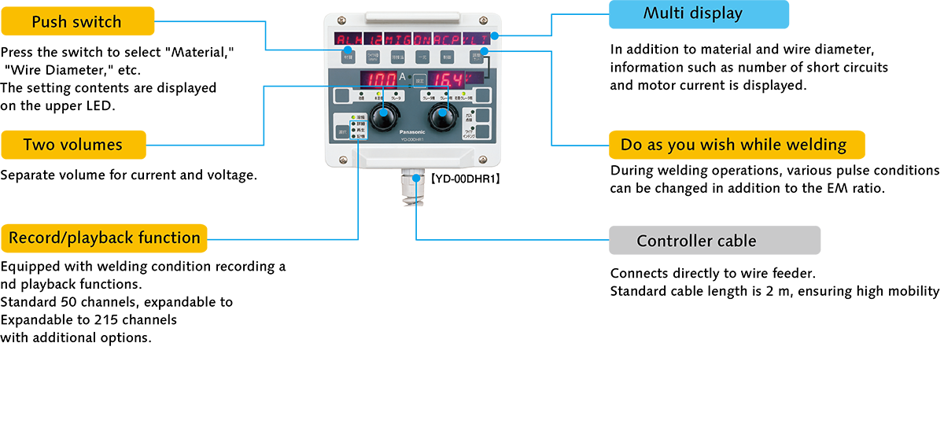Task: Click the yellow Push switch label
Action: click(76, 22)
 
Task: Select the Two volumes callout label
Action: click(72, 145)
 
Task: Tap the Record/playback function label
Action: click(104, 238)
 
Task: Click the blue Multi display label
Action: click(692, 13)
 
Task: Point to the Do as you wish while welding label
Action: click(733, 145)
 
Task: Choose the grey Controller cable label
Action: click(696, 241)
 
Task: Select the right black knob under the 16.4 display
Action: click(442, 119)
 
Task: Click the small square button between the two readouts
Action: click(420, 79)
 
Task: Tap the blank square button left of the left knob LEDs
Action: click(341, 97)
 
